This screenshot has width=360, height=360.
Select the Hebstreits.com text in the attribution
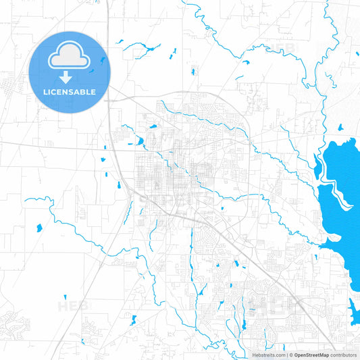coord(269,355)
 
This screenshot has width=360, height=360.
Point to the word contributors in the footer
coord(343,355)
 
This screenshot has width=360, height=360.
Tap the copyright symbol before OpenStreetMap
coord(291,355)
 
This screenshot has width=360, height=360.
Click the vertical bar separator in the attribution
coord(286,355)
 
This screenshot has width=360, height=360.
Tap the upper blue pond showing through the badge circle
coord(103,59)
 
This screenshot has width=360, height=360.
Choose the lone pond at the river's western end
coord(38,228)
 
